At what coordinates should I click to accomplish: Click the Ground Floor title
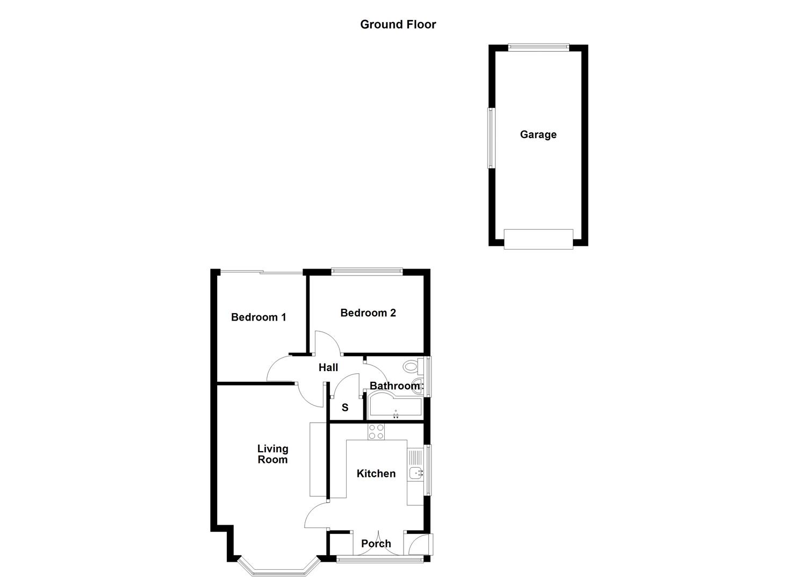[x=398, y=24]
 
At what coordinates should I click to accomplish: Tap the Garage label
[x=538, y=135]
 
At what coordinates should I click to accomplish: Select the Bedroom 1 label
[x=258, y=317]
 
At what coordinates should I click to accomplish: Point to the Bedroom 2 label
[x=368, y=313]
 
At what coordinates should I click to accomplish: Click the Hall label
[x=328, y=367]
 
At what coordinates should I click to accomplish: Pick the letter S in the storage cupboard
[x=345, y=408]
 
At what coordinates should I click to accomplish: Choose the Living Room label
[x=272, y=454]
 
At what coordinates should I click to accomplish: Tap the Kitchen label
[x=376, y=474]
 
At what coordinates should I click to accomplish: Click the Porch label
[x=376, y=544]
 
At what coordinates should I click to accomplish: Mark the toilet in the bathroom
[x=411, y=368]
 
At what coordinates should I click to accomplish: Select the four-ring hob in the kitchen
[x=376, y=432]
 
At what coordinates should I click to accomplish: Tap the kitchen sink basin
[x=415, y=473]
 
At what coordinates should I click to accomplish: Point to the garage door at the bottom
[x=538, y=239]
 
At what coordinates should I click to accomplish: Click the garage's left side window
[x=491, y=138]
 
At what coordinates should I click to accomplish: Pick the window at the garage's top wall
[x=538, y=47]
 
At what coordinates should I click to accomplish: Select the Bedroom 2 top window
[x=367, y=272]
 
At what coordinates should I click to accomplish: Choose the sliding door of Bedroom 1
[x=262, y=273]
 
